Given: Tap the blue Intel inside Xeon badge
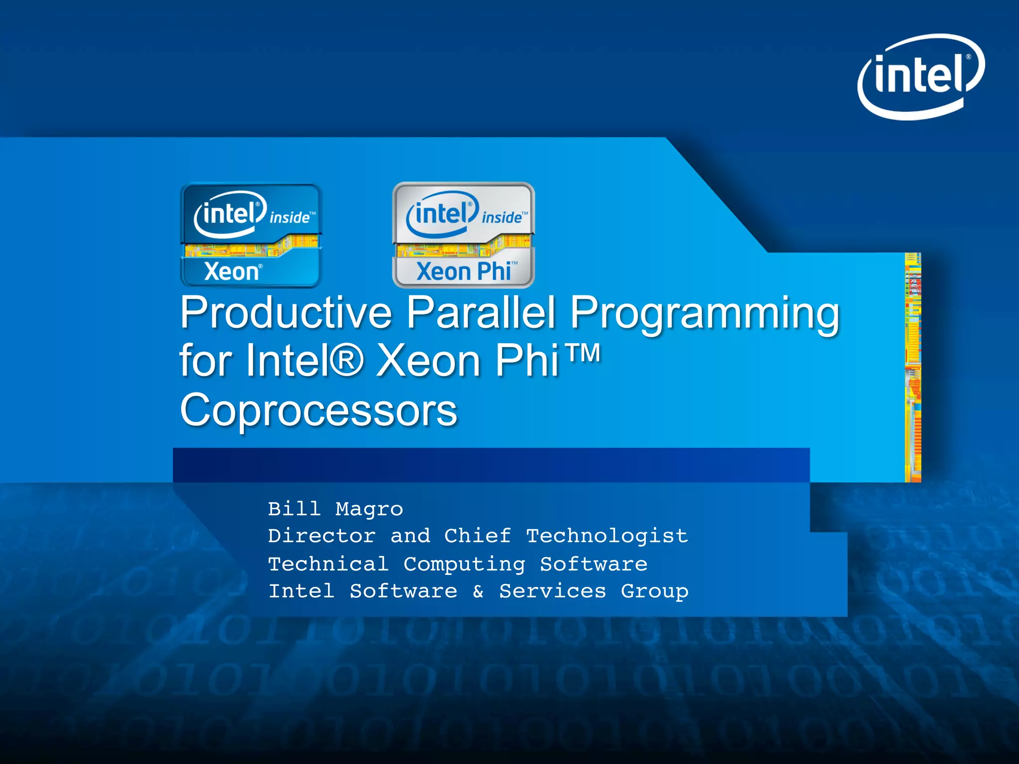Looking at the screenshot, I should (x=251, y=235).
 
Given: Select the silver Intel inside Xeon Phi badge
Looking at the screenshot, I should (x=464, y=235).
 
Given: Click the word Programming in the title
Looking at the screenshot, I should (x=705, y=313).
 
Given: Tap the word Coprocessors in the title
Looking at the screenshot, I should (x=318, y=410).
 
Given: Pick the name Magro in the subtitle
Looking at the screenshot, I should (x=369, y=509).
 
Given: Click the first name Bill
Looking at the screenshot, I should (x=294, y=509).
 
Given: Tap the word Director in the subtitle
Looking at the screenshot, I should (x=321, y=536).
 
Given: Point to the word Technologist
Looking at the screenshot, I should (x=607, y=536).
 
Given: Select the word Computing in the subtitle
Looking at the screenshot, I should (x=464, y=564).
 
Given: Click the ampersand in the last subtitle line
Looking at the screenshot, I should (x=478, y=591).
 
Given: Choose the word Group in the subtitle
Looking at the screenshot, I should (x=654, y=591).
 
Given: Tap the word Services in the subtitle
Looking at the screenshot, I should (x=552, y=591).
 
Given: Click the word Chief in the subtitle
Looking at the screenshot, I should (x=477, y=536).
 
